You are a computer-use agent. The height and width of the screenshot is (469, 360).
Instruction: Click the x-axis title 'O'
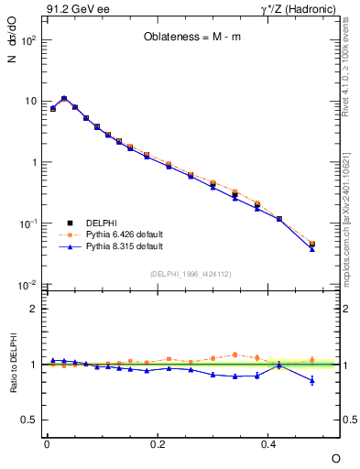335,457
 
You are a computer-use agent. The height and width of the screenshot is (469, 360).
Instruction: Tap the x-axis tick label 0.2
158,443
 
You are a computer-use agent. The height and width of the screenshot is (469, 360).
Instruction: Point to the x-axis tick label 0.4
268,443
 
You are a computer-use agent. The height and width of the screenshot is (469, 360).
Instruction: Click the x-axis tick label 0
47,443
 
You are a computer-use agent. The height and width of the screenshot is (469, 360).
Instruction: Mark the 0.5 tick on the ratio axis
29,420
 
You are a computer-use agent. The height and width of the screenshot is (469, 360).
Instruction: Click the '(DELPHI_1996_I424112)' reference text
191,273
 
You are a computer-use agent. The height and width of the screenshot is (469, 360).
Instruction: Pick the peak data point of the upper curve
64,98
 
